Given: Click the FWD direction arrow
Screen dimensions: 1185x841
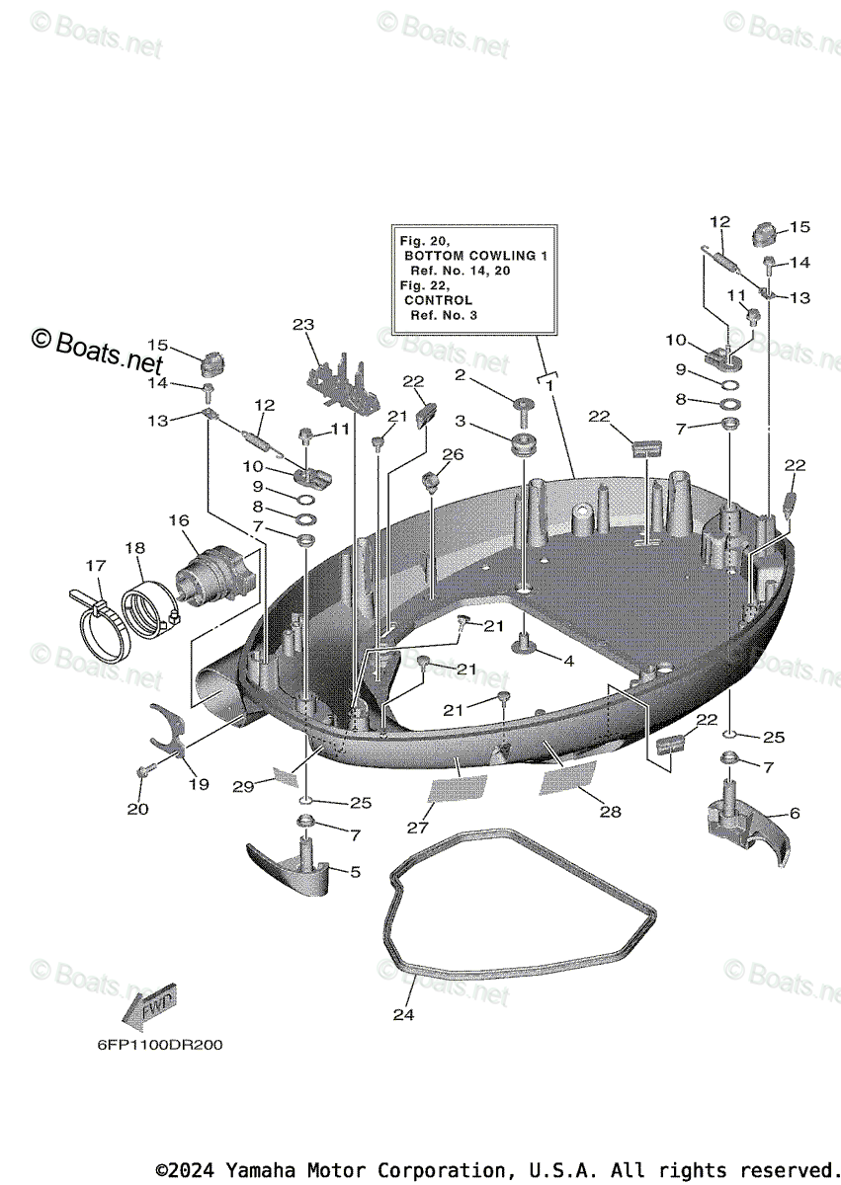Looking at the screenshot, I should click(149, 1005).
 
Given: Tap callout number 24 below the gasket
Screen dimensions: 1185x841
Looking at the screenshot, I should click(404, 1013).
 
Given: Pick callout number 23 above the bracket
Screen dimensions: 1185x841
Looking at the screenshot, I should click(302, 324).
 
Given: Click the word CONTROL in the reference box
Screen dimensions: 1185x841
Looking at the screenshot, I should click(438, 299).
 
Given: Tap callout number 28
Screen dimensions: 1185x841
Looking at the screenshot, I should click(610, 811).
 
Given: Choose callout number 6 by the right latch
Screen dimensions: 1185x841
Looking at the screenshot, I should click(794, 814).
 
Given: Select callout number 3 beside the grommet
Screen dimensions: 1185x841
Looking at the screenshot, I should click(460, 422).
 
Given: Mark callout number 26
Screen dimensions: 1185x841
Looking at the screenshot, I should click(453, 454).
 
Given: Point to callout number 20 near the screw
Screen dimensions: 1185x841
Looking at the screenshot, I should click(138, 809).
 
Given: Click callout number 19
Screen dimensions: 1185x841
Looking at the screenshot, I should click(199, 784).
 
